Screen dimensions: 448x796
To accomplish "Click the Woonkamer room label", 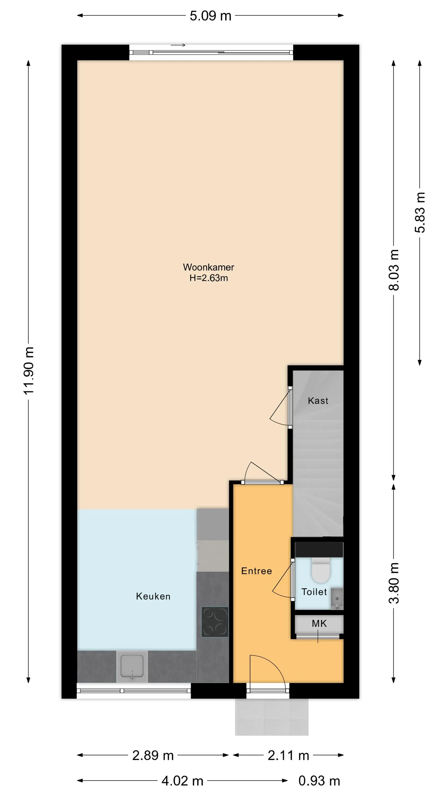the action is (208, 267).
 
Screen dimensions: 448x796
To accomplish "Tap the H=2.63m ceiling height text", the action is (209, 278).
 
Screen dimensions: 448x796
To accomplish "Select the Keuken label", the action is (153, 596).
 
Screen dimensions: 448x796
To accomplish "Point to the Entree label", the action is (257, 571).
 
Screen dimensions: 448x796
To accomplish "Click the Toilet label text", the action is (314, 592).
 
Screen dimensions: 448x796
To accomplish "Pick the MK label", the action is (319, 623).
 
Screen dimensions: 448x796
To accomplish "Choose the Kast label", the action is (318, 400).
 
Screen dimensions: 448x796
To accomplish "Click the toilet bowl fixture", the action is (321, 570).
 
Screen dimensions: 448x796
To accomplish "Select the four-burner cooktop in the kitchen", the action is (215, 622).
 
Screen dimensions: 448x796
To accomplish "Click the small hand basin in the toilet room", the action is (337, 599).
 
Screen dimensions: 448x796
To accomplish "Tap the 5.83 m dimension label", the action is (420, 212).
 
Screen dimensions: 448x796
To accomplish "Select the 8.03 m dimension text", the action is (394, 270).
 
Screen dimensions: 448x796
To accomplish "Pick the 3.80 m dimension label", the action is (394, 583).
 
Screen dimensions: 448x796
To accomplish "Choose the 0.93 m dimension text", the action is (319, 781).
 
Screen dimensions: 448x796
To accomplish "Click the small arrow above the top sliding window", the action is (178, 45).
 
